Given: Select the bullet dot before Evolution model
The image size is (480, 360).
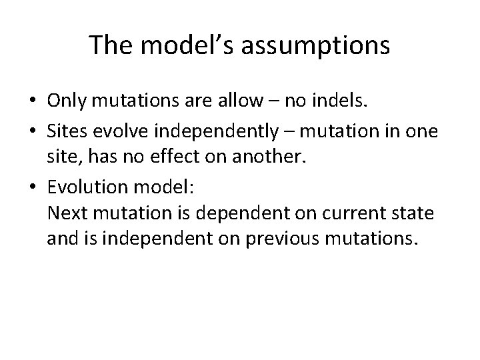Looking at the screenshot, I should coord(32,189).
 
